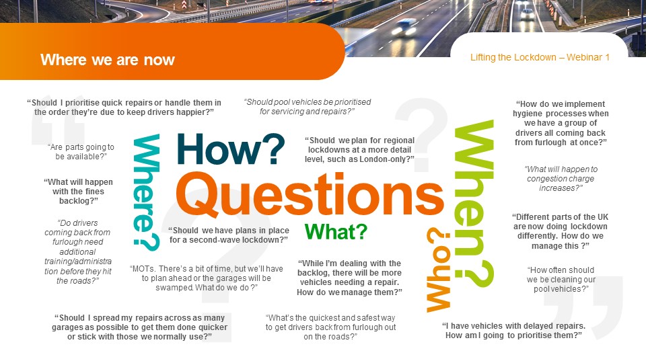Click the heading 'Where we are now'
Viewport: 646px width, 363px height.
tap(108, 60)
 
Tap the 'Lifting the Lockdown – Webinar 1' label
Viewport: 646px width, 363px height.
tap(540, 57)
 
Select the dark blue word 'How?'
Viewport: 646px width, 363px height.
tap(231, 149)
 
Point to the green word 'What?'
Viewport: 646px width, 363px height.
tap(336, 232)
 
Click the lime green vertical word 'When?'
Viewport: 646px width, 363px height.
tap(474, 204)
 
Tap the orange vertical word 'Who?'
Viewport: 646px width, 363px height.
tap(438, 270)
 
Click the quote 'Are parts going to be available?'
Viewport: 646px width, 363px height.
tap(81, 152)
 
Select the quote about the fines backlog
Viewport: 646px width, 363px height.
tap(78, 192)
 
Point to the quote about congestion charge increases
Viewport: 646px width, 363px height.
tap(561, 179)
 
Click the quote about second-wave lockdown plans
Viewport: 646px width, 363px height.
tap(229, 235)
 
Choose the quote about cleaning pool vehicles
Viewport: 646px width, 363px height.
tap(561, 280)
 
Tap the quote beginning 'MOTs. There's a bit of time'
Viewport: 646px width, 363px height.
tap(207, 278)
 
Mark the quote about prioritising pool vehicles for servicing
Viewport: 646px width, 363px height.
tap(308, 107)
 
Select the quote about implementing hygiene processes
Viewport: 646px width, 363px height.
tap(561, 123)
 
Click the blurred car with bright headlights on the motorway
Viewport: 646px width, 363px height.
tap(404, 27)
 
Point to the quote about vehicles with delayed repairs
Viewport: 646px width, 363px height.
tap(513, 331)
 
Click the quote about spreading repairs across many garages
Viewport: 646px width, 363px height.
tap(140, 327)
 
